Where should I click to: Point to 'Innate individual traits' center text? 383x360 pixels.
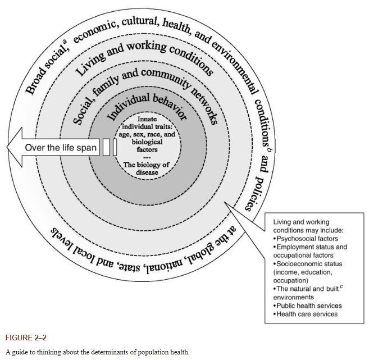pyautogui.click(x=147, y=127)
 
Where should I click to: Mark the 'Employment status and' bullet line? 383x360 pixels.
pyautogui.click(x=310, y=247)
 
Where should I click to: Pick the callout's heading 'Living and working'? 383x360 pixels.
pyautogui.click(x=301, y=222)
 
